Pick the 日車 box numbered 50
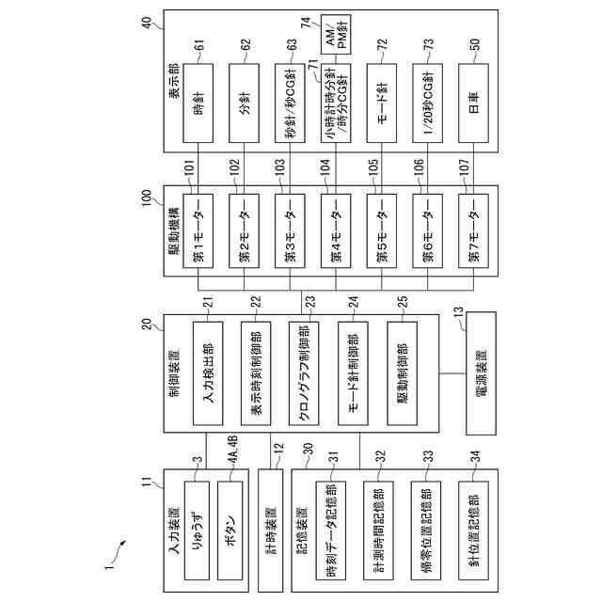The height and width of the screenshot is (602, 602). (472, 103)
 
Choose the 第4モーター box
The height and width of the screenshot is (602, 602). (334, 230)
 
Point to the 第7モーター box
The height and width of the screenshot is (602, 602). (472, 230)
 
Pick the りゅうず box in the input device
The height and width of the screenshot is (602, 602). (196, 519)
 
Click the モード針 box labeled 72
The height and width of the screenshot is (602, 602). (380, 103)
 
